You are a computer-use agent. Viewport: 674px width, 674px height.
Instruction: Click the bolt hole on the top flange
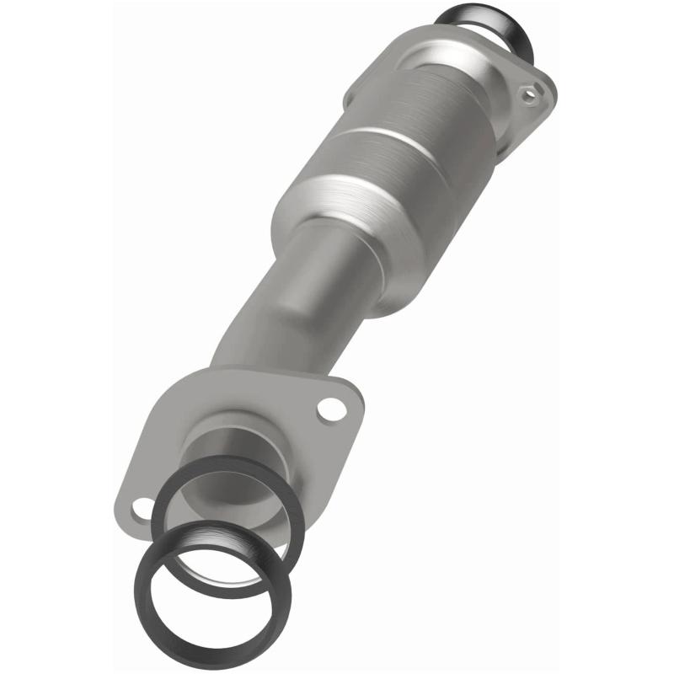pyautogui.click(x=528, y=95)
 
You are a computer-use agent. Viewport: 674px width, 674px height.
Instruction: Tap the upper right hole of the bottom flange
pyautogui.click(x=332, y=410)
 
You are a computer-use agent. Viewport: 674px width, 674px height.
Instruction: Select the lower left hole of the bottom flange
pyautogui.click(x=142, y=508)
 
